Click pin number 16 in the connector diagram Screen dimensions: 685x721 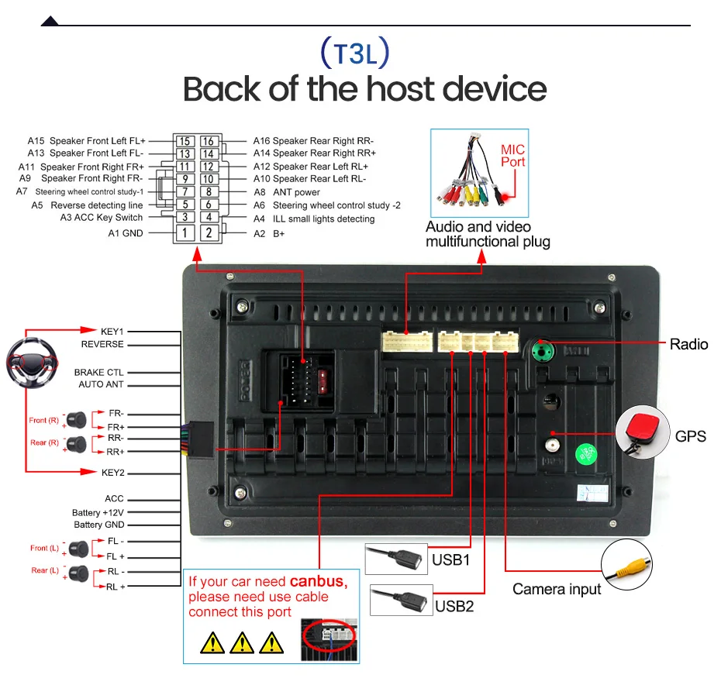click(209, 142)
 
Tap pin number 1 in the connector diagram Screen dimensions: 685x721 click(185, 232)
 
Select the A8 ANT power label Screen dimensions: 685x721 click(287, 192)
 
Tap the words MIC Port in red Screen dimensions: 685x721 click(512, 156)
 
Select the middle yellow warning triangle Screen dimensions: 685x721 click(243, 642)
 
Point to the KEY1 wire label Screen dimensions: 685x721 click(112, 331)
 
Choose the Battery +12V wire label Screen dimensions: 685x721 click(98, 512)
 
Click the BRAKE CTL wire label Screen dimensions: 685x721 click(99, 372)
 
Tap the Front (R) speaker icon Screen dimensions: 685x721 click(77, 419)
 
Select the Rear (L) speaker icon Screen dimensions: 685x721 click(77, 573)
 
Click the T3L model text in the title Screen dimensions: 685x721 click(355, 53)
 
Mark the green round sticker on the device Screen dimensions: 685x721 click(585, 453)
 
